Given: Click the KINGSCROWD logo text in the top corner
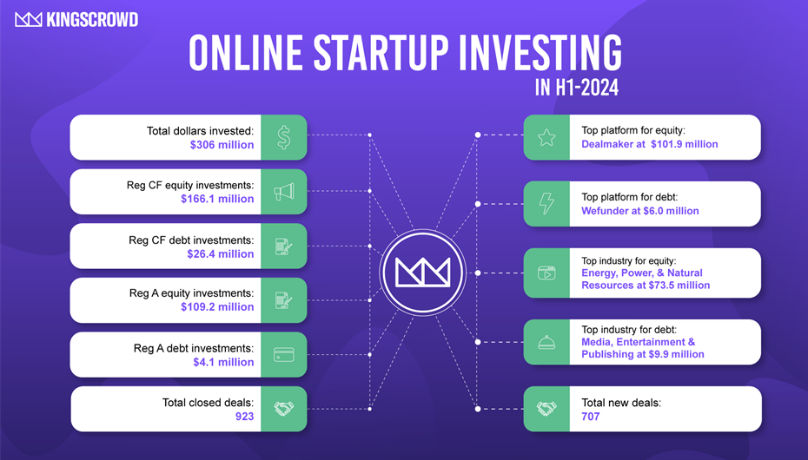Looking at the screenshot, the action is [92, 20].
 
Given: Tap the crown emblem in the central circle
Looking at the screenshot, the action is [422, 273].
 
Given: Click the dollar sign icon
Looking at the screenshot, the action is [284, 137].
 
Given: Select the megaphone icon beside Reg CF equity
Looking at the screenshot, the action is [284, 192].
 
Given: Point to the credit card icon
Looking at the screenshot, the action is [284, 354].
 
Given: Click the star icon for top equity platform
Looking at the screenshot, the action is [546, 137].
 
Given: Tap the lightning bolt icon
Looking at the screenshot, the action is [546, 203].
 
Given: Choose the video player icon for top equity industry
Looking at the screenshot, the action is [546, 273].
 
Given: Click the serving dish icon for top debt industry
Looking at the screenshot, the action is [546, 342].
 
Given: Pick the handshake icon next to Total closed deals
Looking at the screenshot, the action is [284, 409].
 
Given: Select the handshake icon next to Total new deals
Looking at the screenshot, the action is [546, 409].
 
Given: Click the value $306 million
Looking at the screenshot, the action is [222, 145].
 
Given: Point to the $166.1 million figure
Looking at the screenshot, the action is [217, 199].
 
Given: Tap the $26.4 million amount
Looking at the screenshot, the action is [221, 253].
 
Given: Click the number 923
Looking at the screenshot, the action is [245, 417].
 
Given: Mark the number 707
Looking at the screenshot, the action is [591, 417].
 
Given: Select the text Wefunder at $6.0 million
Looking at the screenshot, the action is [640, 210].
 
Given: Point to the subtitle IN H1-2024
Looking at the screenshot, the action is [577, 88].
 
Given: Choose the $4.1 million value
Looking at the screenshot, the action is [223, 362].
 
